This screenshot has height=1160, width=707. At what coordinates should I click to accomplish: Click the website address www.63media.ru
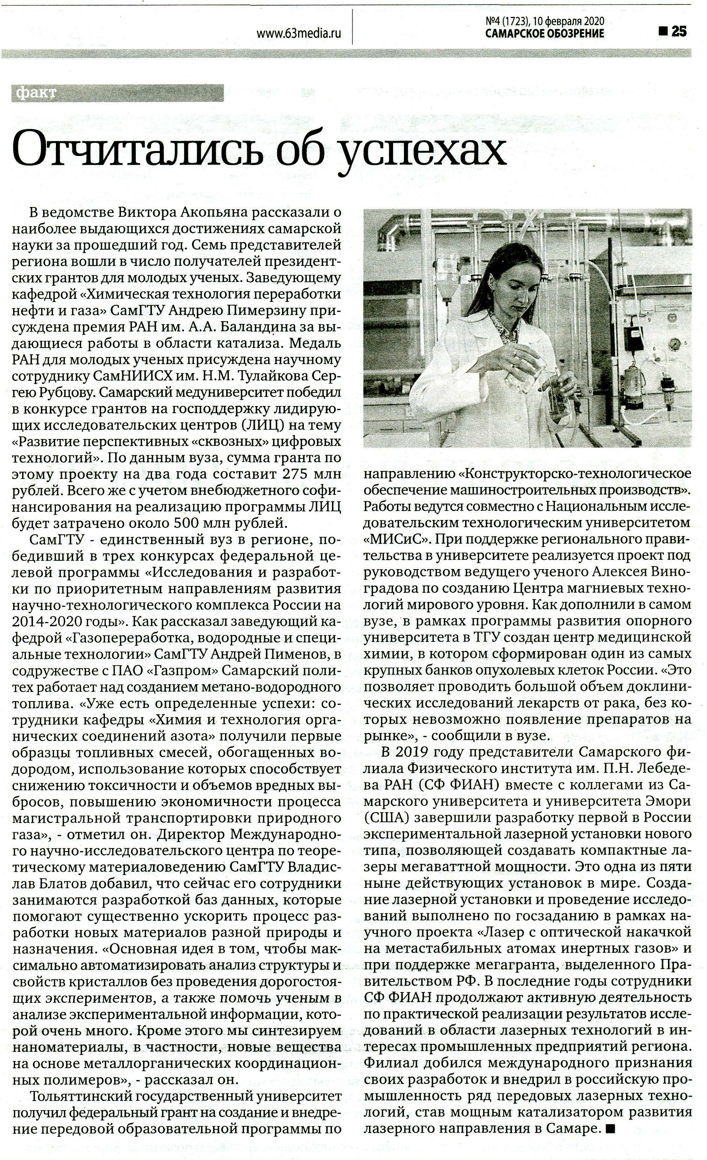pyautogui.click(x=299, y=33)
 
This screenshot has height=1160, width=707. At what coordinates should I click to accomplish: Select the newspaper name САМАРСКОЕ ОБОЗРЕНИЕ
pyautogui.click(x=545, y=33)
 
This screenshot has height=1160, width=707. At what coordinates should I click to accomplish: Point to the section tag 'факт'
pyautogui.click(x=36, y=93)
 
